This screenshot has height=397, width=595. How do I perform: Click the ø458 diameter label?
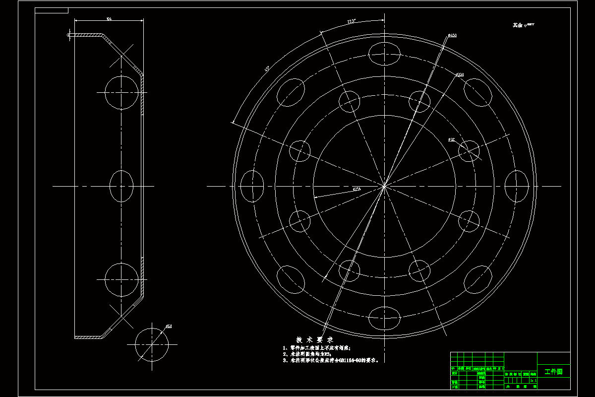[452, 36]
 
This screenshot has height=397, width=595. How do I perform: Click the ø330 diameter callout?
[459, 74]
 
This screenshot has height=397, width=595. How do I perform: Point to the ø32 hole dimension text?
[451, 140]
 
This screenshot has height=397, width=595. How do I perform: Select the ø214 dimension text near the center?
[357, 189]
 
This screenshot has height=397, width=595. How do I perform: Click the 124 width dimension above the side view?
[109, 19]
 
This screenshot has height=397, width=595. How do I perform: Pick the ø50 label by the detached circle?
[169, 326]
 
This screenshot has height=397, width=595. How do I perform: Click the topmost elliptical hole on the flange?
[385, 54]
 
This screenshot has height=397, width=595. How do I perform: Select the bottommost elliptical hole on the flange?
[385, 318]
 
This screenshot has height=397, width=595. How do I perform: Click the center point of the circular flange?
[384, 186]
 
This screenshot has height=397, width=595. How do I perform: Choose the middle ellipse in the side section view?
[121, 186]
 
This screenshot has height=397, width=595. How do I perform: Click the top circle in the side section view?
[121, 93]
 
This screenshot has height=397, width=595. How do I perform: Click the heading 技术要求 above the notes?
[314, 340]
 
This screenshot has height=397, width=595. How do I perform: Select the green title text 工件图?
[553, 372]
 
